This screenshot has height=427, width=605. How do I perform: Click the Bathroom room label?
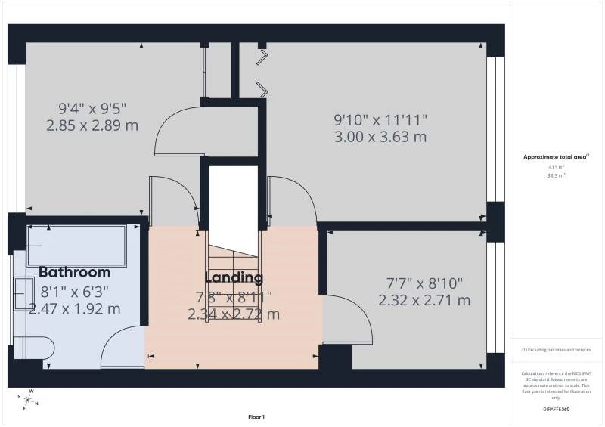(74, 272)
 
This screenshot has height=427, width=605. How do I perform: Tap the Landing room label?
(234, 278)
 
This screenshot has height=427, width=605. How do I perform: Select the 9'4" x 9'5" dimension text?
(92, 107)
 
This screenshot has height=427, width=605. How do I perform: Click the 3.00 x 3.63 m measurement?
(380, 137)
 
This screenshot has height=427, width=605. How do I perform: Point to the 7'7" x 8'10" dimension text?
(424, 283)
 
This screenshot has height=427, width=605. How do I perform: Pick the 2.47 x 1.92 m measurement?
(74, 308)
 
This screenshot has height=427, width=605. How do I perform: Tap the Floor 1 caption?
(256, 417)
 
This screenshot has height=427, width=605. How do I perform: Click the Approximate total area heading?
(556, 157)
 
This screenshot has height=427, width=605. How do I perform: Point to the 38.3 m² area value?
(556, 175)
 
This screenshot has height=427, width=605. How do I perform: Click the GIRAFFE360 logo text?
(556, 409)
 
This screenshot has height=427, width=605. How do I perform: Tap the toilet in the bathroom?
(34, 348)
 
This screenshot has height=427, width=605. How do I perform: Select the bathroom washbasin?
(23, 294)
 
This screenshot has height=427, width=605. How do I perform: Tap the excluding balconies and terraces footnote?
(556, 350)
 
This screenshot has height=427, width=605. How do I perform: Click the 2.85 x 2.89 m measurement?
(92, 125)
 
